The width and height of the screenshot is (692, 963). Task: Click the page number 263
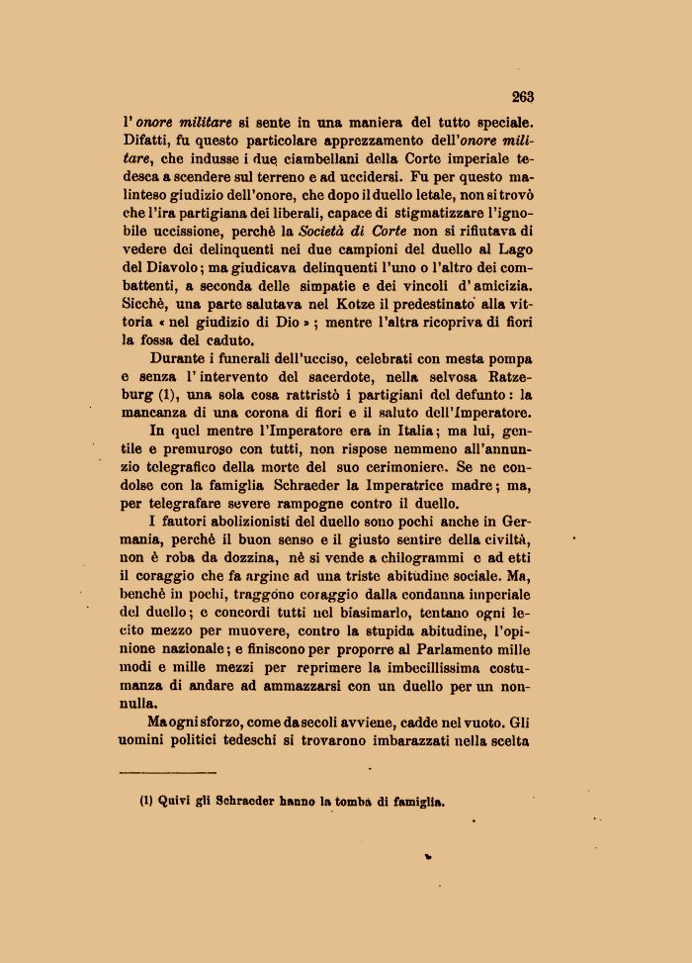point(523,96)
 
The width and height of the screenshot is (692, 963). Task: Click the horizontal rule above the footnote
point(167,771)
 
